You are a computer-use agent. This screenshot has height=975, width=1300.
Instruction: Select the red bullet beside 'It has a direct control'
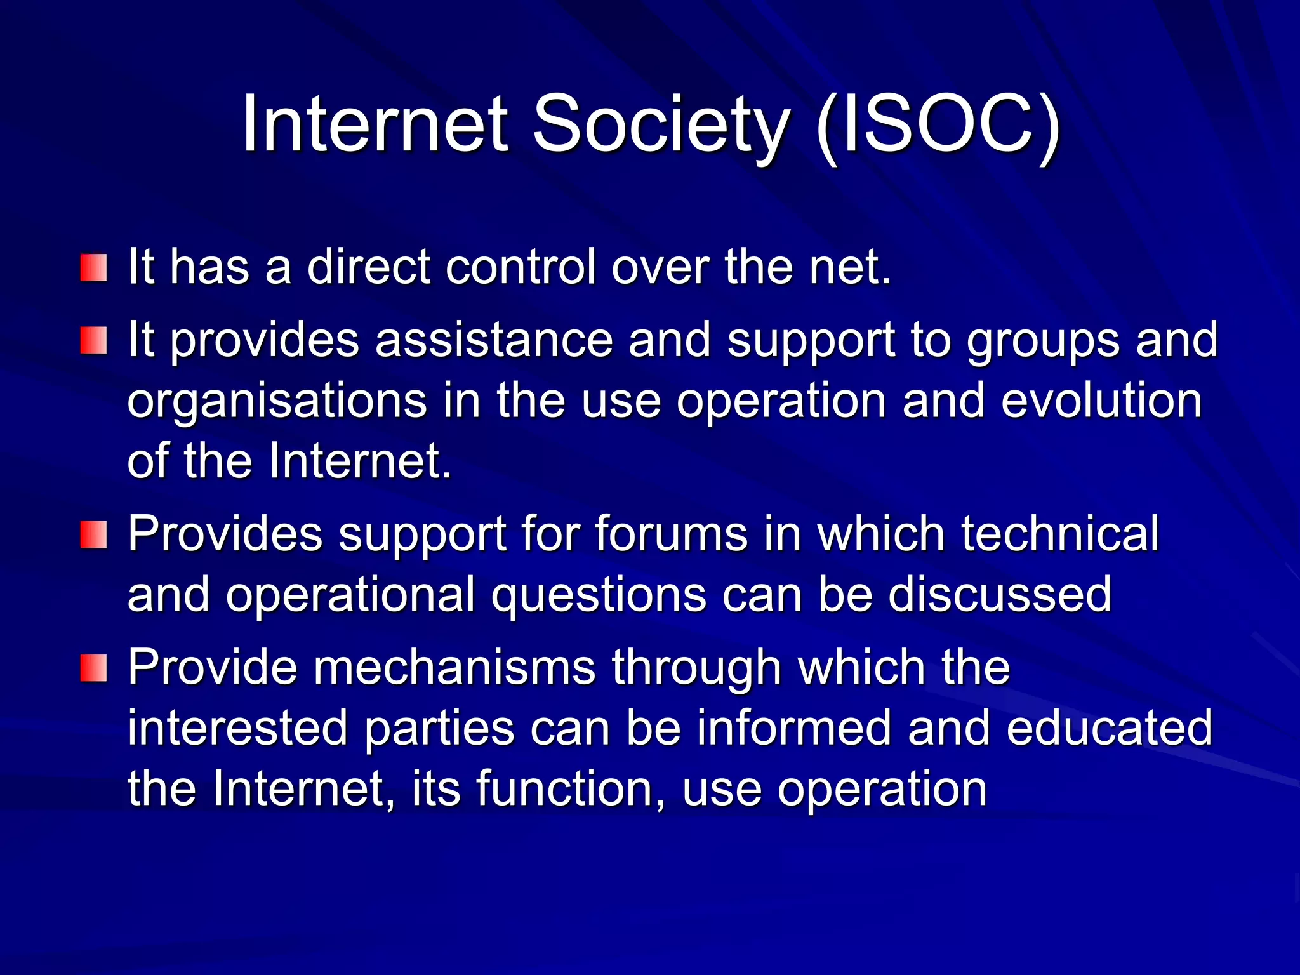click(93, 268)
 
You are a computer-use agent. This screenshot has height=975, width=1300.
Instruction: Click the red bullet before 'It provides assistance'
click(93, 341)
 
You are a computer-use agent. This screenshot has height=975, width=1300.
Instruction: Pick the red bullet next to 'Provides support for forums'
click(93, 534)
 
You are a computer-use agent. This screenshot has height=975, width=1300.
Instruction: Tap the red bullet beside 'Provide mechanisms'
click(93, 668)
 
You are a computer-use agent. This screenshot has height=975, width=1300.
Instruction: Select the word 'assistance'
click(494, 340)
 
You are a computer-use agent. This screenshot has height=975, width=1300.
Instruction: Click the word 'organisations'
click(277, 401)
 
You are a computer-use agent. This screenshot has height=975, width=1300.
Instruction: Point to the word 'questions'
click(599, 595)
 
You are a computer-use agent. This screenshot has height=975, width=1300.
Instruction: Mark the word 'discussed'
click(1000, 594)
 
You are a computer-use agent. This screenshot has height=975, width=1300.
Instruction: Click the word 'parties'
click(439, 729)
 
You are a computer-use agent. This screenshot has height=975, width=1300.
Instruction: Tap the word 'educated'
click(1110, 727)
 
